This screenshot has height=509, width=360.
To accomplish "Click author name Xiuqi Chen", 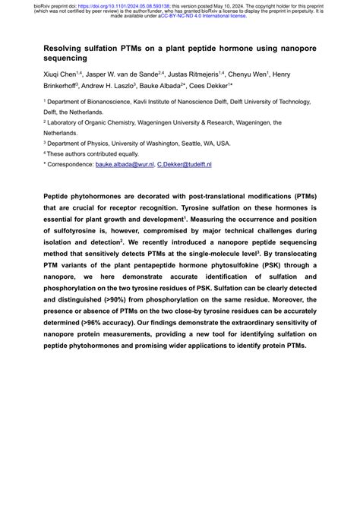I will (x=62, y=74).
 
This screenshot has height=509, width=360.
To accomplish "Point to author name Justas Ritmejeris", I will (x=187, y=74).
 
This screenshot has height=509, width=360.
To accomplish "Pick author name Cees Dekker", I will (x=223, y=86).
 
